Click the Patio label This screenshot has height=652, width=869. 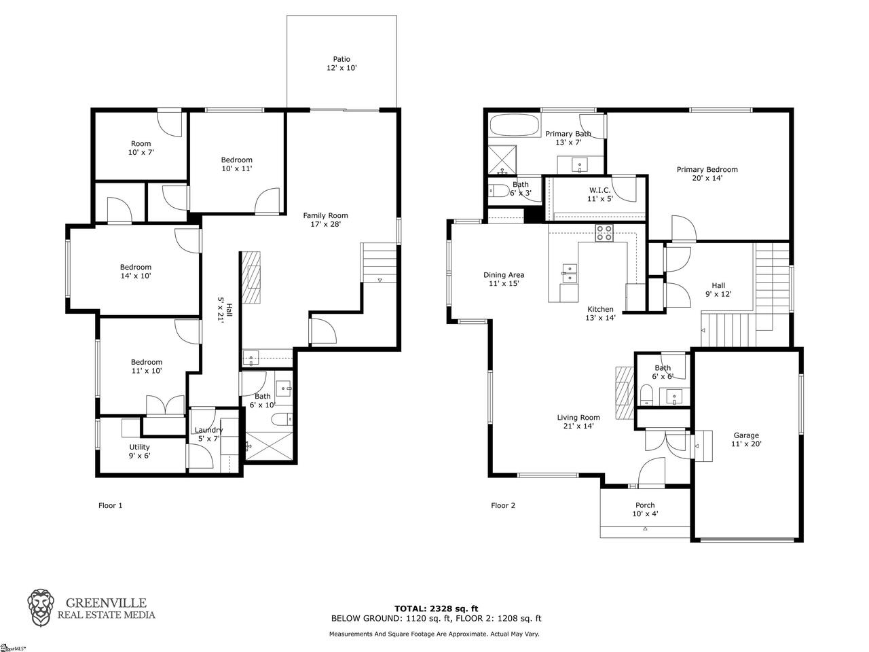point(341,63)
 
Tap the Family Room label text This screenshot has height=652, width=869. point(325,219)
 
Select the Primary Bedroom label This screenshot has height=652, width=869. point(707,174)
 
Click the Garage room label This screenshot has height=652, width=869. point(746,439)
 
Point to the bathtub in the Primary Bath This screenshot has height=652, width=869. point(515,126)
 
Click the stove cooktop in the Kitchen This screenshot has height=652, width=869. point(604,233)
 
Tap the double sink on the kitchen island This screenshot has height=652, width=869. point(570,273)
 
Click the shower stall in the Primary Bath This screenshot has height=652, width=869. point(502,160)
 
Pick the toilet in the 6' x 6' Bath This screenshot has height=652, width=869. point(646,395)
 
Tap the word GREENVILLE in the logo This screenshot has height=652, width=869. point(106,603)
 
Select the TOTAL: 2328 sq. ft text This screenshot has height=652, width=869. point(436,609)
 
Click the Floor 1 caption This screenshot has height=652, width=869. point(111,505)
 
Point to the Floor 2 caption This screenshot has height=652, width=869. point(503,505)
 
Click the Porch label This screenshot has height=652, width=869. point(645,509)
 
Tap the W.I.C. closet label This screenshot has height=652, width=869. point(599,194)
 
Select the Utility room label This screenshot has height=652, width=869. point(139,451)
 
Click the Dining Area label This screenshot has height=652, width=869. point(504,279)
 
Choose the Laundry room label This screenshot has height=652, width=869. point(208,434)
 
